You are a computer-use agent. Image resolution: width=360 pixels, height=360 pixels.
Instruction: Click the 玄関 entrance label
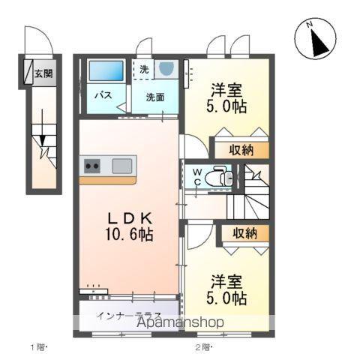tap(43, 73)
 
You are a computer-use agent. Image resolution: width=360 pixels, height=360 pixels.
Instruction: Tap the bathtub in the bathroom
tap(106, 70)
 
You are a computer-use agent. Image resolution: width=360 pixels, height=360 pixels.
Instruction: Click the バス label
tap(103, 95)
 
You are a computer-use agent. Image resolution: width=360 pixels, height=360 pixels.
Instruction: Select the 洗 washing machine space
tap(142, 70)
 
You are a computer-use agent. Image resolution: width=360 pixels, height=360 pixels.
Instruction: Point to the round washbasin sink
tap(166, 67)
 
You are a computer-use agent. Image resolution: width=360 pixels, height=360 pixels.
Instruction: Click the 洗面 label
tap(155, 97)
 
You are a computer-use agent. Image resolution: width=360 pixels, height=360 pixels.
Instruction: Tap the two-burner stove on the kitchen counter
tap(92, 166)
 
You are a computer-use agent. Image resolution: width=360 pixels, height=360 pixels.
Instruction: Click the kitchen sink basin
tap(122, 166)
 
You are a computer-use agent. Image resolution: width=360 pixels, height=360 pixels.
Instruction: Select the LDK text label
tap(130, 218)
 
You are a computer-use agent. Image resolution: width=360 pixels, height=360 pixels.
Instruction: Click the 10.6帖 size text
tap(129, 234)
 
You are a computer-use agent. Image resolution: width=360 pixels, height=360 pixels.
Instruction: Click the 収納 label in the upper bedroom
tap(241, 150)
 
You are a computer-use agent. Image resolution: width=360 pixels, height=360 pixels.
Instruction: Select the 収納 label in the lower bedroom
tap(244, 233)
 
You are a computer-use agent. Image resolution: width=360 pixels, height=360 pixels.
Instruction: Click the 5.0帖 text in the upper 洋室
tap(226, 106)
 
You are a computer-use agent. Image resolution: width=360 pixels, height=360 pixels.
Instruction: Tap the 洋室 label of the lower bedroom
tap(226, 282)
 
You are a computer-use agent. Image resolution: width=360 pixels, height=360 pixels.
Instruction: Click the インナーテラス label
tap(128, 316)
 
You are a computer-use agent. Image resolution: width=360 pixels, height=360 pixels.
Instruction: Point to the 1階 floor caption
tap(39, 347)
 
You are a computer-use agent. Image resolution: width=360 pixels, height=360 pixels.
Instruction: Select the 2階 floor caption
tap(204, 347)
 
